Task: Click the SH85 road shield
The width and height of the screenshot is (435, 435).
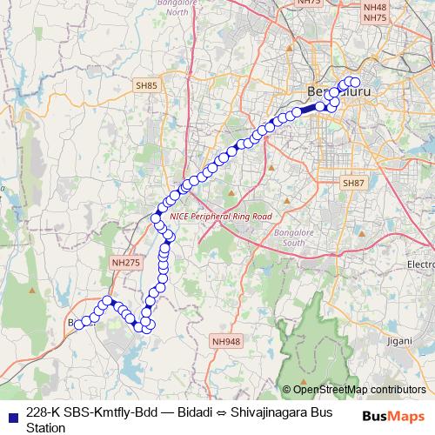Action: tap(146, 85)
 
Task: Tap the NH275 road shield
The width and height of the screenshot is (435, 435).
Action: tap(125, 261)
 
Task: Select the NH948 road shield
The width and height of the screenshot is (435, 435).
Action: tap(225, 342)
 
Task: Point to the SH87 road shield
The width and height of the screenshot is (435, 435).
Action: tap(353, 184)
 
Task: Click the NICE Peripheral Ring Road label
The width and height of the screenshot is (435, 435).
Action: tap(221, 216)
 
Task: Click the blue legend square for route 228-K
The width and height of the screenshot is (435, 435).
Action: tap(10, 413)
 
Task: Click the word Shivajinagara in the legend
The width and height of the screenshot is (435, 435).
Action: tap(268, 412)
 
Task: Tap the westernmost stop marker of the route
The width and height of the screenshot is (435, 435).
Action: tap(79, 325)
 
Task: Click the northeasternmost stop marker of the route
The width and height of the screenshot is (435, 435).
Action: tap(355, 83)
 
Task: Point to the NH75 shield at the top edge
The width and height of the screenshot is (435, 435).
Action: tap(309, 3)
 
